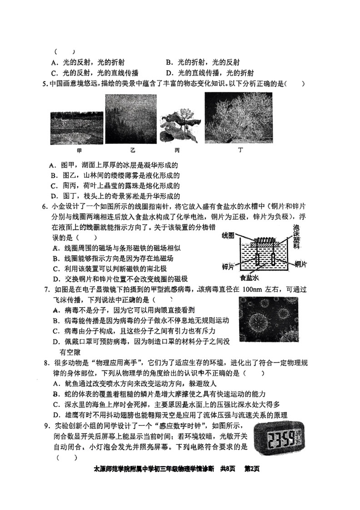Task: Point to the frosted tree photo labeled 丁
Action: click(238, 117)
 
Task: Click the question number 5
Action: click(44, 84)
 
